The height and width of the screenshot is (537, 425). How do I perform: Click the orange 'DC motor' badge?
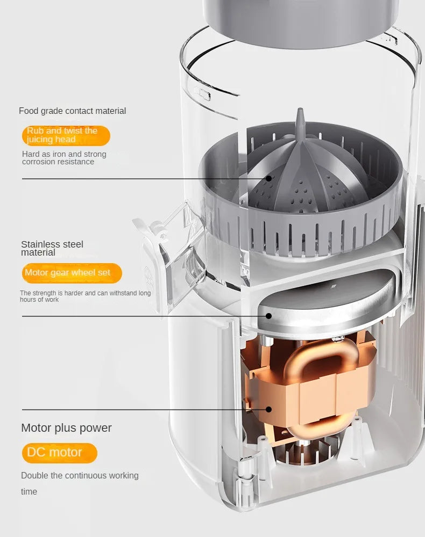[x=59, y=453]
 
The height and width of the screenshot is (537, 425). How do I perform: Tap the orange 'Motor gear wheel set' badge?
[x=72, y=273]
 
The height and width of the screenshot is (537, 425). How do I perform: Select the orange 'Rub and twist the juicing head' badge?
[x=66, y=135]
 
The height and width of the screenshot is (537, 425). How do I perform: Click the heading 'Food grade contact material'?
[x=72, y=111]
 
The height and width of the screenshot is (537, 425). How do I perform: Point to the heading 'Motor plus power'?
[x=66, y=428]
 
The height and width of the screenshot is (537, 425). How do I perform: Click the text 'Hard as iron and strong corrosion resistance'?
[x=64, y=158]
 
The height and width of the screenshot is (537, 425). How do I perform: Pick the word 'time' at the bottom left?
[x=29, y=491]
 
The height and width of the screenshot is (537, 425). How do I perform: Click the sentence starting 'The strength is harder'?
[x=85, y=296]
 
